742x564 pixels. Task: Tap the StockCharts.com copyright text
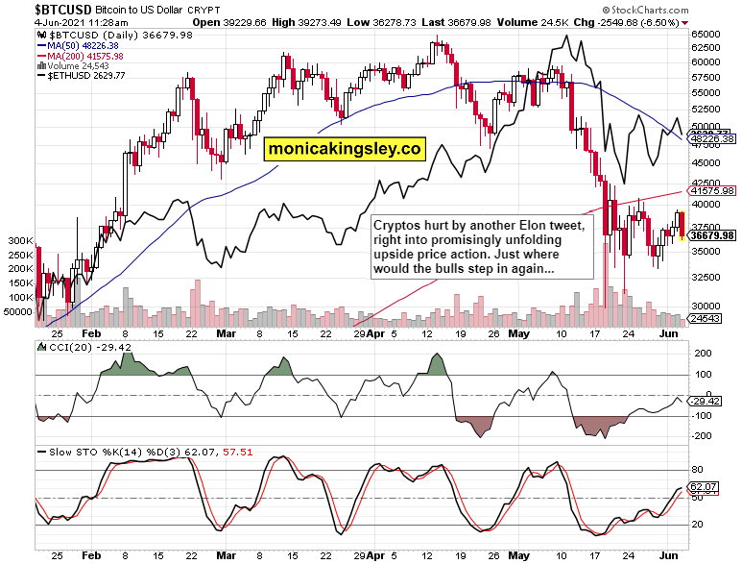pyautogui.click(x=686, y=8)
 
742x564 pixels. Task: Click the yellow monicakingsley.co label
pyautogui.click(x=345, y=149)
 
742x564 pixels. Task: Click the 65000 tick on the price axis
pyautogui.click(x=706, y=33)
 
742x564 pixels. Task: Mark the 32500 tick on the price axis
pyautogui.click(x=706, y=277)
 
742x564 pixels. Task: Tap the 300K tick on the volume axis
pyautogui.click(x=18, y=240)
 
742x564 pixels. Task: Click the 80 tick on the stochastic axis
pyautogui.click(x=697, y=470)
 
